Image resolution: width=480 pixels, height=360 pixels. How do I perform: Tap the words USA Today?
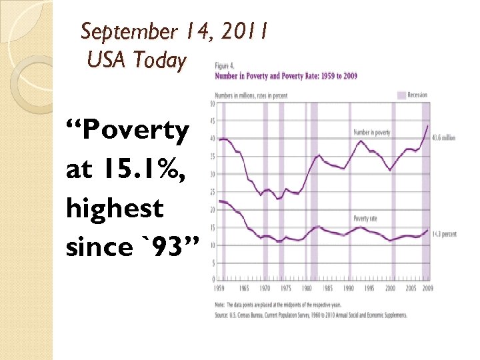(x=136, y=60)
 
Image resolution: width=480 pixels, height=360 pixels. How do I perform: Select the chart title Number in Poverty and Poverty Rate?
(x=285, y=76)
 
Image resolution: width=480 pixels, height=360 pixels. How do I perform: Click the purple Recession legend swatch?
(x=401, y=95)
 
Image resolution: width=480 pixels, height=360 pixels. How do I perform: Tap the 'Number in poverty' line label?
(x=371, y=133)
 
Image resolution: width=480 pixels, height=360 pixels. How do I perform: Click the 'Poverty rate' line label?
(x=365, y=219)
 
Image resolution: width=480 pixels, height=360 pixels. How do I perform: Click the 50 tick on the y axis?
(x=212, y=103)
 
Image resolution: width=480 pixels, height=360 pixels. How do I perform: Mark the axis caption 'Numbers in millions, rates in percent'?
(x=251, y=95)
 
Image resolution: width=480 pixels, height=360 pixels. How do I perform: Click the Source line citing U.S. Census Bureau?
(x=310, y=315)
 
